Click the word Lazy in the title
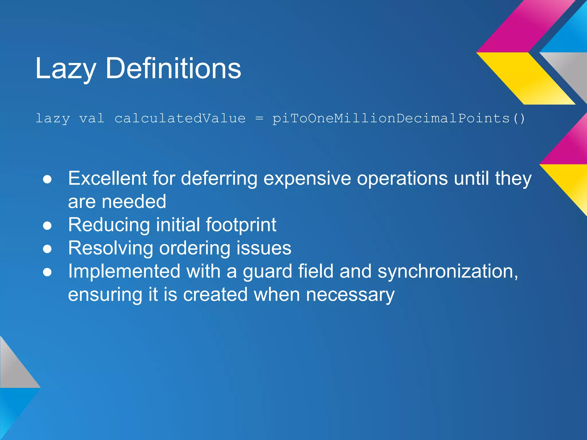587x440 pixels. point(65,69)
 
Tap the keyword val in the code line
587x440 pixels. point(92,118)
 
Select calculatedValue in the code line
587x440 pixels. point(180,118)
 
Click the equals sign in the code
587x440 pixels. point(259,118)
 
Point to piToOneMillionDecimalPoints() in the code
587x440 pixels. point(398,118)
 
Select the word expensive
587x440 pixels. point(307,179)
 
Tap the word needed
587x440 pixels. point(134,202)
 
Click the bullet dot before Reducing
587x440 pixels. point(47,226)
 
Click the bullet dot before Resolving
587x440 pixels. point(47,249)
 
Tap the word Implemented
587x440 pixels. point(124,272)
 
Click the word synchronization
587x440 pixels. point(447,272)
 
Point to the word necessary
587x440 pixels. point(350,295)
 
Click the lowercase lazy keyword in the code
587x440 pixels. point(53,119)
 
